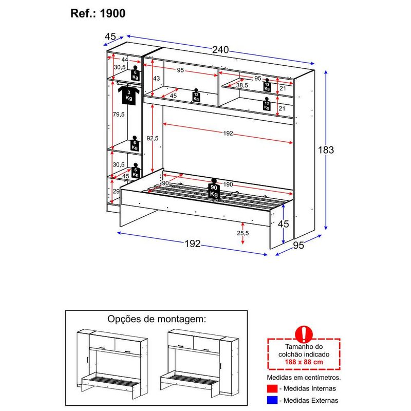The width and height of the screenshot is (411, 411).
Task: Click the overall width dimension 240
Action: point(220,50)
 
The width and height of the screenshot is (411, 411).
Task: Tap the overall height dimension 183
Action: point(326,150)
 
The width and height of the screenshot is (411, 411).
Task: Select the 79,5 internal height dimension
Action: point(118,115)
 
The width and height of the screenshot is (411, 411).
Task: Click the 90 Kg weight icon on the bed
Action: point(214,190)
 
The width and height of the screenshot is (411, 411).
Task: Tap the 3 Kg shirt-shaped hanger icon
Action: point(128,95)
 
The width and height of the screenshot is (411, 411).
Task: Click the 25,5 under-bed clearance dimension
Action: point(243,233)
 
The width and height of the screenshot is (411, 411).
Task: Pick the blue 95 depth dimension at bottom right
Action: point(298,245)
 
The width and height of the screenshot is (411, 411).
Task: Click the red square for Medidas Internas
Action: point(272,388)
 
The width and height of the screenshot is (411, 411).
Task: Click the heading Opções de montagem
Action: point(156,319)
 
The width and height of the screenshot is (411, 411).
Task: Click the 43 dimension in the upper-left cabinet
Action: point(157,78)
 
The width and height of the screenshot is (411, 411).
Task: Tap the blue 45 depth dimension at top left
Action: point(110,36)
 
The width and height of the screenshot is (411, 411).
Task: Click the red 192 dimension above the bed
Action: point(228,134)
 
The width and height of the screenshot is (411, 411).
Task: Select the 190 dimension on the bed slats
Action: point(228,184)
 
